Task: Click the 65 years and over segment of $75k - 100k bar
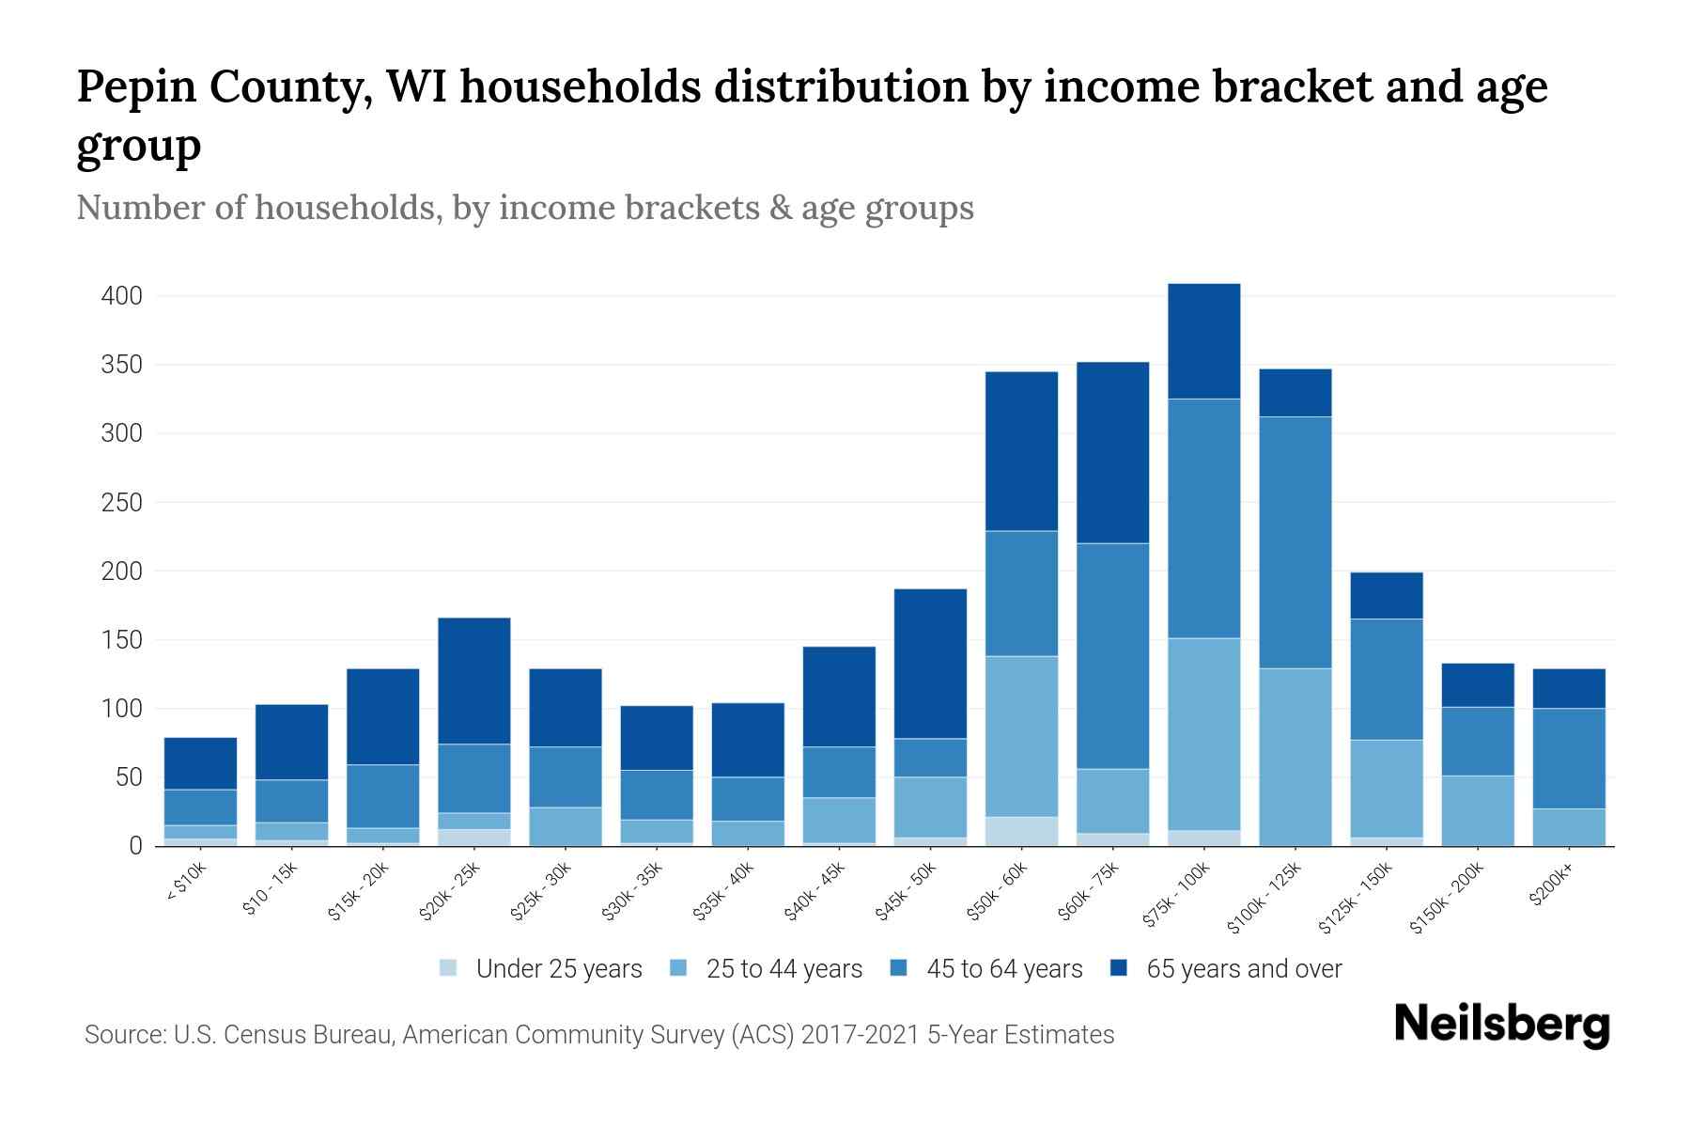(1203, 340)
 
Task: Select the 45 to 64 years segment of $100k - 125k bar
(1295, 542)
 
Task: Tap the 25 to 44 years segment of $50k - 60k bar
(1021, 736)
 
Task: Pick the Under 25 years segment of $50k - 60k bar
(1021, 832)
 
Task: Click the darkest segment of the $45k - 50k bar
(930, 664)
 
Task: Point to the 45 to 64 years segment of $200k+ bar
(1569, 758)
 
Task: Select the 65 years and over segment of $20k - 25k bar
(474, 681)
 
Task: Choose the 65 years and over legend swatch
(1119, 968)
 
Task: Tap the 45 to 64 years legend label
(1004, 969)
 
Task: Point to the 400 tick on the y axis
(122, 296)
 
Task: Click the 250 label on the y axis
(122, 503)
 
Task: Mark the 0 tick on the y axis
(136, 846)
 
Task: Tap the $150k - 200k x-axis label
(1446, 897)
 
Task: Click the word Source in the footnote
(123, 1035)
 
